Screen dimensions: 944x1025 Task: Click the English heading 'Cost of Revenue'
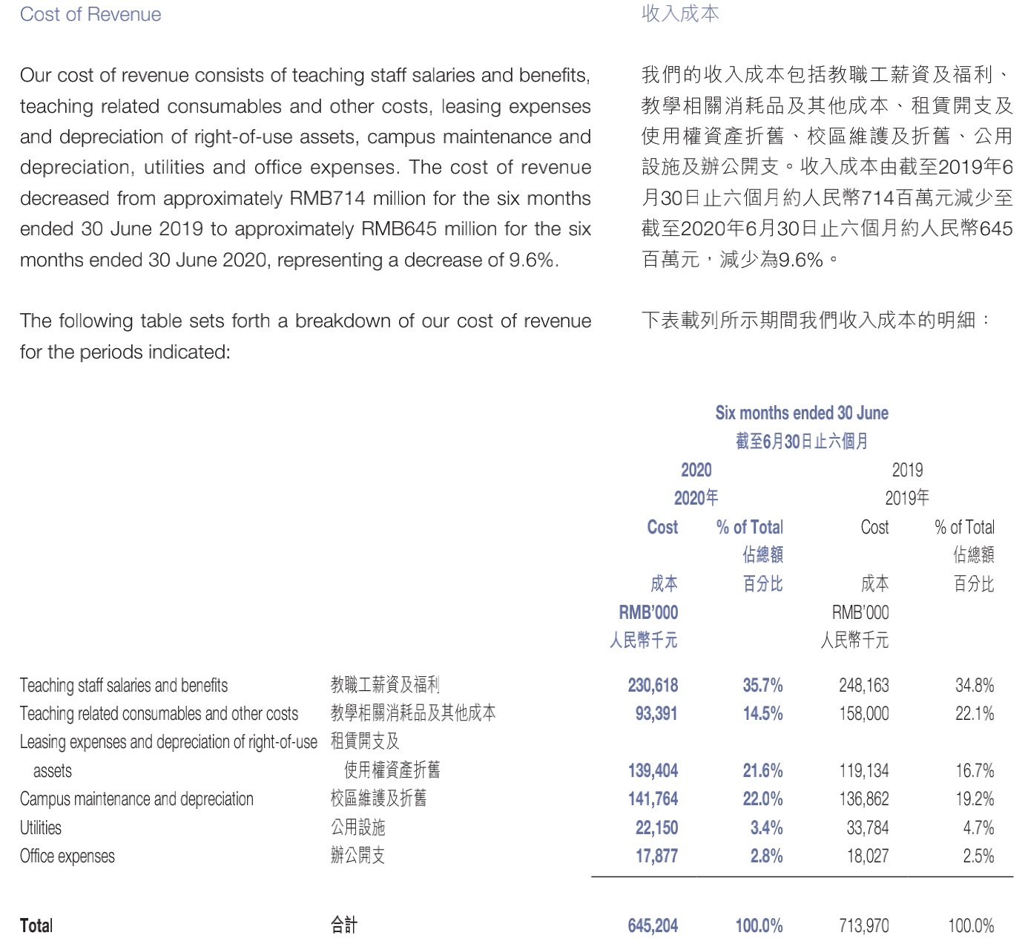[90, 15]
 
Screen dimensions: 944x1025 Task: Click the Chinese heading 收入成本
[679, 14]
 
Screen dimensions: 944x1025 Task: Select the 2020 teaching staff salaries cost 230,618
[653, 685]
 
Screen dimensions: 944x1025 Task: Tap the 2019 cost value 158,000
[863, 714]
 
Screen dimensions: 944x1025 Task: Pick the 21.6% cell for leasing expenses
[762, 771]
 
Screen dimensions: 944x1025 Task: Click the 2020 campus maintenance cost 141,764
[653, 799]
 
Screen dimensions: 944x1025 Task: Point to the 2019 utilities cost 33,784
[867, 828]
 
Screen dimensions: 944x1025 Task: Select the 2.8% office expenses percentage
[766, 856]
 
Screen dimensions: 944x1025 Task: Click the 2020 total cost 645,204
[653, 926]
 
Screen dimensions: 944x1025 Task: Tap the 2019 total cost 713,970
[863, 926]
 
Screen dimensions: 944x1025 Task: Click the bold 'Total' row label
[36, 926]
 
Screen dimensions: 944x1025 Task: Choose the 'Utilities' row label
[41, 828]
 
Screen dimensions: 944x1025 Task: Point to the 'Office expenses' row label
[67, 856]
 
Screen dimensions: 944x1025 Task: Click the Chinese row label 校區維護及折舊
[378, 799]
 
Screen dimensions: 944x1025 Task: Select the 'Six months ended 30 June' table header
[802, 413]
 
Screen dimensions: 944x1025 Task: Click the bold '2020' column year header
[696, 471]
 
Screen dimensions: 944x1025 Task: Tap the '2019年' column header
[906, 498]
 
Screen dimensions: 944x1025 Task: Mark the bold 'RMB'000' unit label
[648, 613]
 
